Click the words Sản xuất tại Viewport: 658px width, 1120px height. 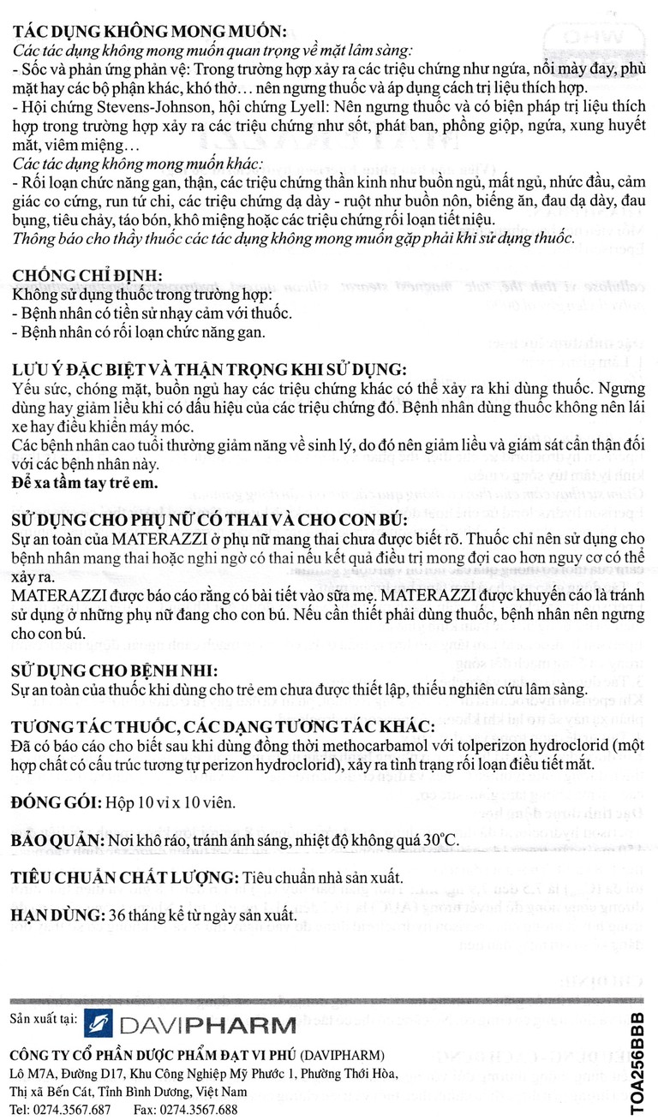[45, 1019]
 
